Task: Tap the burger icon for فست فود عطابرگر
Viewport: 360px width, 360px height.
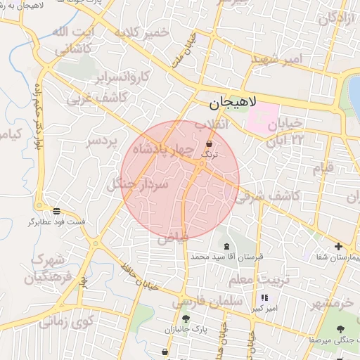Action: point(56,211)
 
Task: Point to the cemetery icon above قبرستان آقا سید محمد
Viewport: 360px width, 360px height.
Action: point(226,247)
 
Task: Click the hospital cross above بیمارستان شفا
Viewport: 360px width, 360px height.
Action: point(339,246)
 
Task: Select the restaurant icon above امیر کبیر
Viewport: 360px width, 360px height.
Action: point(264,297)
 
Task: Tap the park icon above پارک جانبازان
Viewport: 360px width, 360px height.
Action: point(186,319)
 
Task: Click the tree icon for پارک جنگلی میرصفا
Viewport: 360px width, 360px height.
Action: point(340,329)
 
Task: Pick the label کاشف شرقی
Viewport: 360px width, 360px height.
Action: point(274,196)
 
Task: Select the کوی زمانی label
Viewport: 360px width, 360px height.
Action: point(67,323)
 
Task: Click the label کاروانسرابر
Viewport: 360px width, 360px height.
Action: point(124,75)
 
